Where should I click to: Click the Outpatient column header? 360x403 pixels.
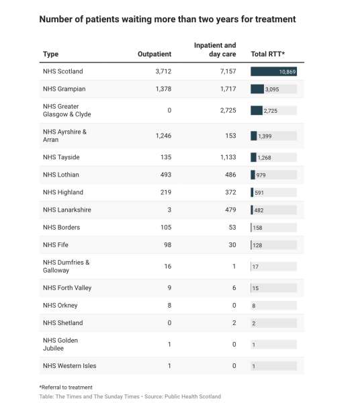click(154, 54)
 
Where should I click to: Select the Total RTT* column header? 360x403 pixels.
click(268, 54)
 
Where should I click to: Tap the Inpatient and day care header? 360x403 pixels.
click(215, 50)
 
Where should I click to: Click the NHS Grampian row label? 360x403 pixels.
click(64, 89)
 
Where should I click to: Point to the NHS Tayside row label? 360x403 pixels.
click(61, 157)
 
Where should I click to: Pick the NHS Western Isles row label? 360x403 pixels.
click(69, 366)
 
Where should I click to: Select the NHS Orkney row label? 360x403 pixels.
click(60, 306)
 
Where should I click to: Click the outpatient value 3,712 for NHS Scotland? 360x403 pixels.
click(163, 71)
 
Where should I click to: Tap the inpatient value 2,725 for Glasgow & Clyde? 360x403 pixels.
click(228, 111)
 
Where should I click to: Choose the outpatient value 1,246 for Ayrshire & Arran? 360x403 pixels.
click(163, 136)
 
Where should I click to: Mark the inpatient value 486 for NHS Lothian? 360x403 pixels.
click(230, 175)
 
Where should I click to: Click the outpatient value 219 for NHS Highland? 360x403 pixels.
click(166, 192)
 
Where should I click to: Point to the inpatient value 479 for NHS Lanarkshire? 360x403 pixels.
click(230, 210)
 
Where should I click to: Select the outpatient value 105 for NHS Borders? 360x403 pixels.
click(166, 227)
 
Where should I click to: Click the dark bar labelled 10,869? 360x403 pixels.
click(273, 71)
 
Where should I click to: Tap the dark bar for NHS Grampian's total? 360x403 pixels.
click(257, 89)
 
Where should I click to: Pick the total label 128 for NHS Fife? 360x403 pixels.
click(257, 245)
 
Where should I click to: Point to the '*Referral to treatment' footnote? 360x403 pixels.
click(66, 388)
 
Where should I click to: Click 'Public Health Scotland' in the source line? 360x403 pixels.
click(193, 396)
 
